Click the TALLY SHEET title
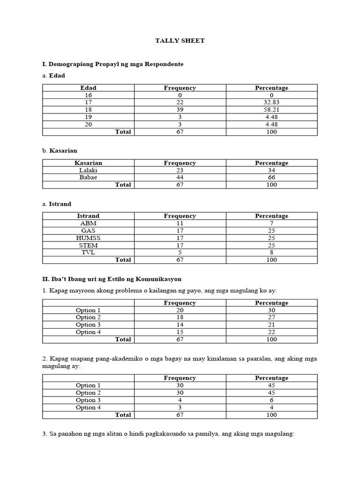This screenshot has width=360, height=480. click(180, 41)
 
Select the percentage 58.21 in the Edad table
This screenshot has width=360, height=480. click(271, 110)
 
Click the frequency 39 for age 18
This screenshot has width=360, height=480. click(180, 110)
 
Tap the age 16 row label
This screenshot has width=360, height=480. click(88, 95)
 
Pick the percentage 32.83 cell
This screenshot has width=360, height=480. click(271, 103)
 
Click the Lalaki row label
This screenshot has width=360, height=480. click(88, 170)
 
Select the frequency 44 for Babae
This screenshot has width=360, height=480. click(180, 178)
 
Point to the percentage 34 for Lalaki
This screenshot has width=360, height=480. click(271, 170)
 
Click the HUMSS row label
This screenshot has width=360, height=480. click(88, 238)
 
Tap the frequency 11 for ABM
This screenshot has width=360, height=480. click(180, 224)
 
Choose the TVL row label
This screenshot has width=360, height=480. click(88, 253)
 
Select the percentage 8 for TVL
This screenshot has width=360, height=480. click(271, 253)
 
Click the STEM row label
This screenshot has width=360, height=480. click(88, 245)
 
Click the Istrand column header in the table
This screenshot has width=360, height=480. click(88, 216)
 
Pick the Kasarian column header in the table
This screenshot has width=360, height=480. click(88, 163)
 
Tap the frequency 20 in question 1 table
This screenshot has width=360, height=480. click(180, 310)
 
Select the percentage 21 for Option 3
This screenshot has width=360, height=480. click(271, 325)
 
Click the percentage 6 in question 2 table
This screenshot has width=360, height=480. click(271, 400)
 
